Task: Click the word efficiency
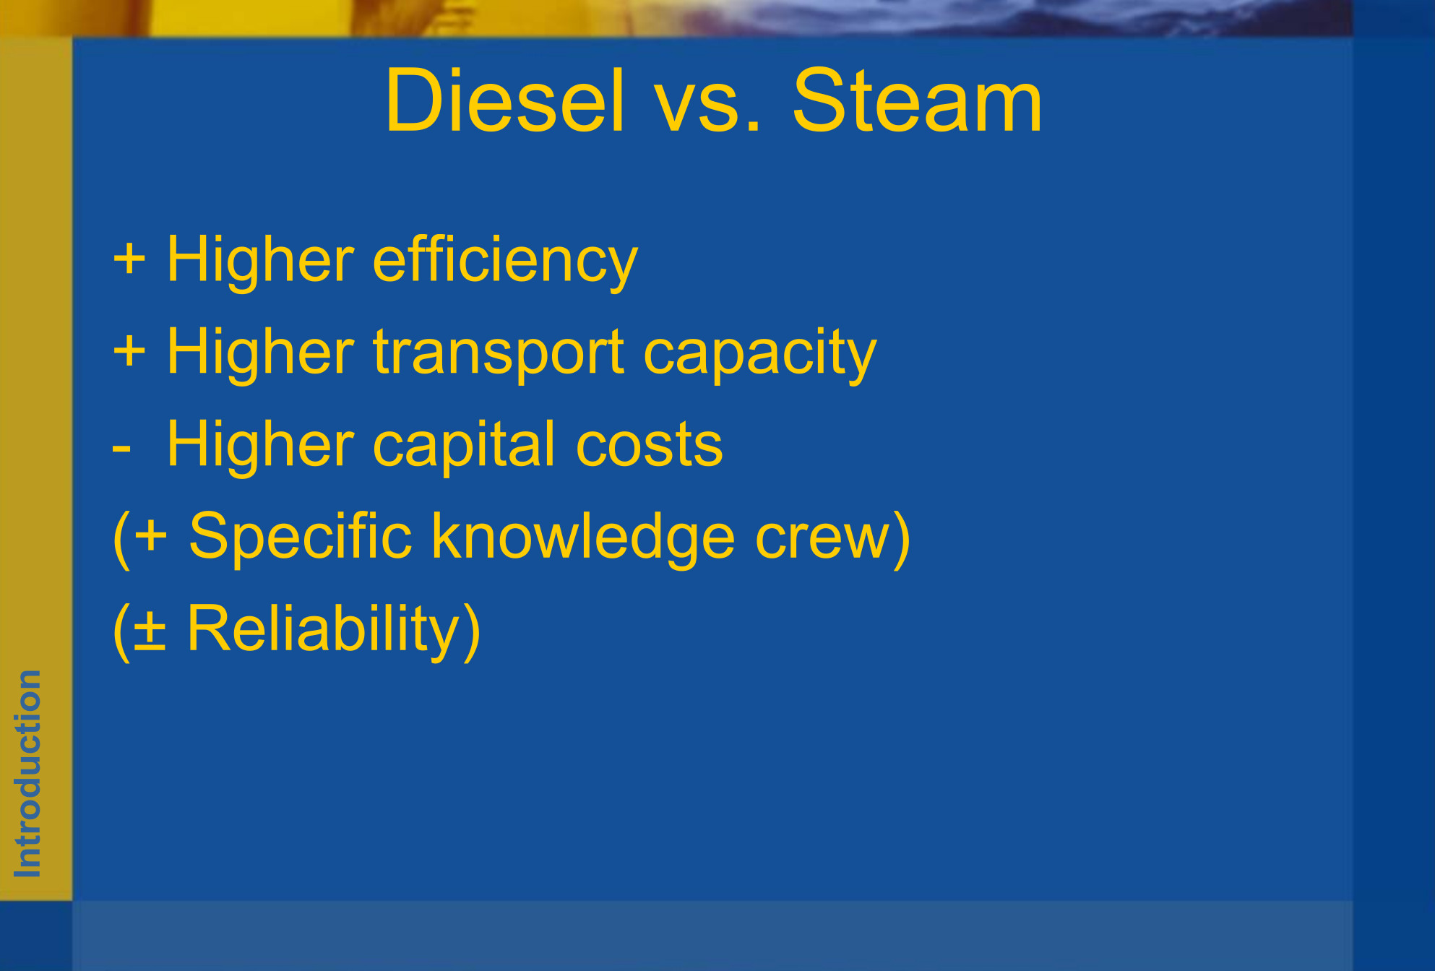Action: [505, 262]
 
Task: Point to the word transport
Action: [499, 354]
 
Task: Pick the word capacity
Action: [759, 354]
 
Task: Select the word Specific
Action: [301, 538]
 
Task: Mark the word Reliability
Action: [324, 630]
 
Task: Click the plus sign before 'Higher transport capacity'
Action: [129, 351]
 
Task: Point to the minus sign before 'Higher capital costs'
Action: [121, 449]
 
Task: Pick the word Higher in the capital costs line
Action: [261, 445]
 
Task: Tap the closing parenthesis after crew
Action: [901, 539]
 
